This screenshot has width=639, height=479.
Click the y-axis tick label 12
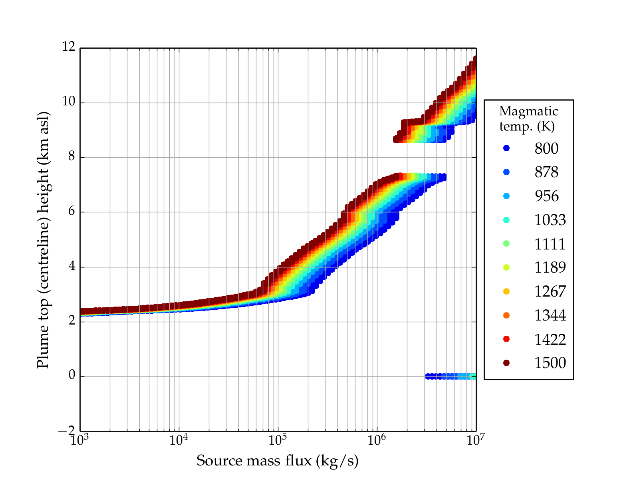click(68, 47)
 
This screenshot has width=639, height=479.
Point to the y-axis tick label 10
click(68, 102)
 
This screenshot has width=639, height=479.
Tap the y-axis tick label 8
click(71, 156)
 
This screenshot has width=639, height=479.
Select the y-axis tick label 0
click(72, 375)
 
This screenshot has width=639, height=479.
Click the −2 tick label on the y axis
click(67, 431)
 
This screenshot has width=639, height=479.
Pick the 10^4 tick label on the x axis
click(179, 440)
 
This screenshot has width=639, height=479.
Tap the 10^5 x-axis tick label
click(278, 440)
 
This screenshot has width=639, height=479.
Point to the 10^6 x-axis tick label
click(377, 440)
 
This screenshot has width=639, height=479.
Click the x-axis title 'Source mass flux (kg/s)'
click(278, 461)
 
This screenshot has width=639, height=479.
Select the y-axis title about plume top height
click(43, 239)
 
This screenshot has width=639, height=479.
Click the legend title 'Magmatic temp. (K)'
click(528, 119)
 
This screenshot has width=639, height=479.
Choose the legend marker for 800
click(506, 148)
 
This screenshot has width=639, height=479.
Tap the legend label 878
click(546, 172)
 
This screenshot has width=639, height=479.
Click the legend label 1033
click(550, 220)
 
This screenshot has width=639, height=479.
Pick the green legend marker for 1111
click(506, 243)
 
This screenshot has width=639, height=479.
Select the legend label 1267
click(550, 291)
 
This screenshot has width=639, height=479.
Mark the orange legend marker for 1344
click(506, 315)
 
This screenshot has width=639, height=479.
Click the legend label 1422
click(550, 339)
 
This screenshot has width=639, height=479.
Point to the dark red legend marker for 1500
click(506, 363)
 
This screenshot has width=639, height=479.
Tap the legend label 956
click(546, 196)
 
